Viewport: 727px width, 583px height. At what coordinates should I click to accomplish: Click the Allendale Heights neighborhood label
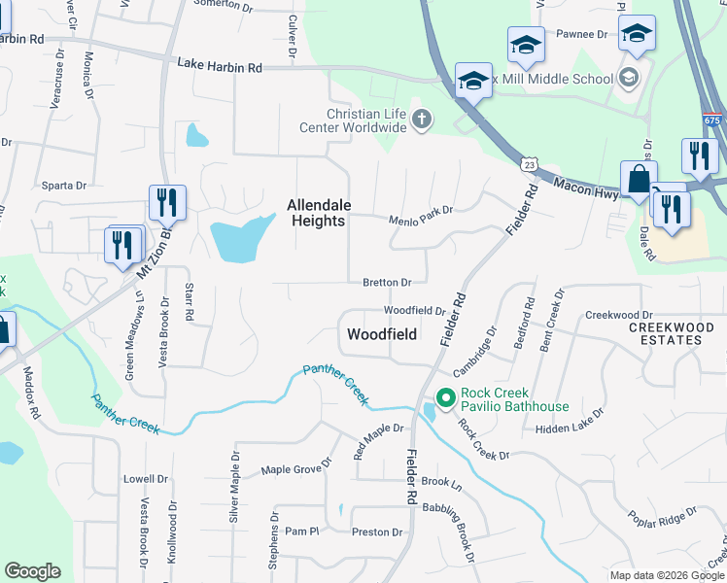(316, 213)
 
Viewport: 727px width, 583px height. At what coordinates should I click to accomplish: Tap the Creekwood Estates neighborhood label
(665, 333)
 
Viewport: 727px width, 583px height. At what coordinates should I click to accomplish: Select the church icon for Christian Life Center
(421, 120)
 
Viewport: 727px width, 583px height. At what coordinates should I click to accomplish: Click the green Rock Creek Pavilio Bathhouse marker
(446, 397)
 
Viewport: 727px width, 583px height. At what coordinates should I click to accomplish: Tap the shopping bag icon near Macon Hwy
(639, 181)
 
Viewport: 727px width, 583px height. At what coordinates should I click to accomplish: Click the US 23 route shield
(529, 165)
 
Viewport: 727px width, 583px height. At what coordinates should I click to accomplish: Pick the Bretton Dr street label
(387, 282)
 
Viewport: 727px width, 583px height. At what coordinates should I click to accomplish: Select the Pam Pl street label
(301, 532)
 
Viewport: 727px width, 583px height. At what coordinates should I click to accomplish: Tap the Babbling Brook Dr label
(454, 533)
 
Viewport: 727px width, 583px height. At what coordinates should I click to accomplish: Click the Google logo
(32, 571)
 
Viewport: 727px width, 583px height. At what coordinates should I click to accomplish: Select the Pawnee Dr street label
(581, 33)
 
